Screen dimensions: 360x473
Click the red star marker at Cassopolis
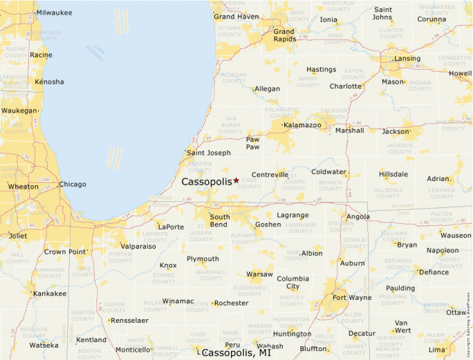(236, 180)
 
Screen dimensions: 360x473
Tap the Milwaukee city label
(54, 12)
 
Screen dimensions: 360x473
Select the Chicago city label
(73, 184)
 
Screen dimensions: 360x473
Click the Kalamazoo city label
(302, 125)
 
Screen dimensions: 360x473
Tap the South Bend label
(220, 221)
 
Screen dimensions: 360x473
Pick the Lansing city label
(407, 59)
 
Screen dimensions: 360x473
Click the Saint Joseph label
(209, 153)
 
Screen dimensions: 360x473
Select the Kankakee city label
(50, 294)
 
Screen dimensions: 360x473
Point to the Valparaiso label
(138, 246)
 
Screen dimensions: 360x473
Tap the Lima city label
(436, 350)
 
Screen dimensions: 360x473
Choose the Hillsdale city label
(393, 174)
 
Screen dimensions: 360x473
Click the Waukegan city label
(19, 111)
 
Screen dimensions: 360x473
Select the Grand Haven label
(236, 17)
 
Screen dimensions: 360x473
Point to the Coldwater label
(328, 172)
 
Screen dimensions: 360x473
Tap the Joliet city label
(18, 235)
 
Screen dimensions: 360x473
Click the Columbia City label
(293, 283)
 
